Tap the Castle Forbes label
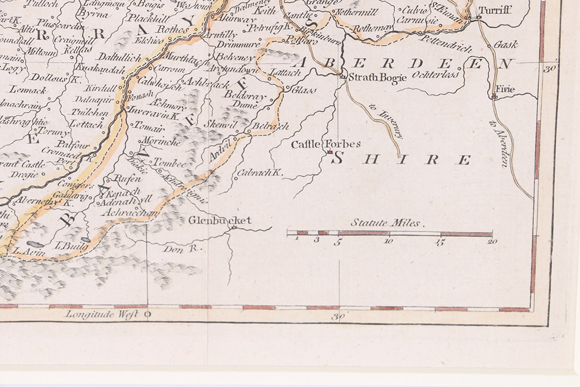point(325,143)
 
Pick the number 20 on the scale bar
point(492,242)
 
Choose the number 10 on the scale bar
point(389,242)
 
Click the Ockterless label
point(434,75)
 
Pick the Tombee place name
point(169,165)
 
